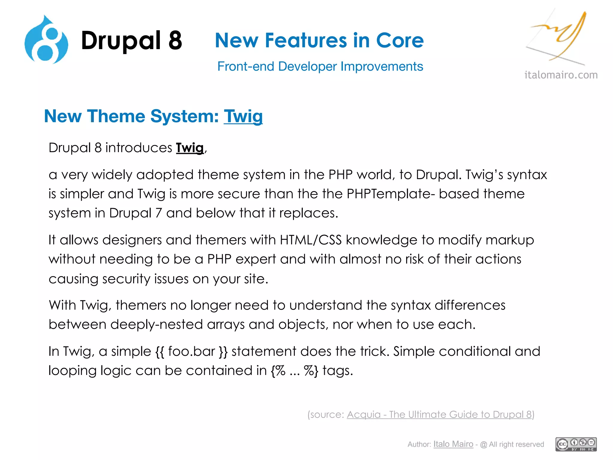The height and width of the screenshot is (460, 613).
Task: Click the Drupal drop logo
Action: tap(46, 40)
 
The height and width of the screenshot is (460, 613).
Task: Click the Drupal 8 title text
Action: tap(131, 40)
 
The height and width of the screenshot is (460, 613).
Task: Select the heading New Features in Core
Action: tap(319, 40)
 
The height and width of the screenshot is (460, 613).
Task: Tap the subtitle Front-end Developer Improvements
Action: tap(320, 66)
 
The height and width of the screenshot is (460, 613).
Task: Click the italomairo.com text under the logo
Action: tap(561, 75)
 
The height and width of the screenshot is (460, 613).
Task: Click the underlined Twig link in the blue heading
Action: tap(243, 116)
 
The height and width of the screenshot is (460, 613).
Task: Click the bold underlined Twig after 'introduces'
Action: tap(190, 148)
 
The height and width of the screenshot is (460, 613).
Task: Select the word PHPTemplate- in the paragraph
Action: tap(391, 194)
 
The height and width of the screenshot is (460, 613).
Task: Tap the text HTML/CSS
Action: tap(311, 240)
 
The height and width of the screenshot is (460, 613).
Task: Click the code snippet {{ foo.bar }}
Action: tap(192, 351)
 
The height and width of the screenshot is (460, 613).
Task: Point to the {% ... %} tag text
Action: tap(294, 371)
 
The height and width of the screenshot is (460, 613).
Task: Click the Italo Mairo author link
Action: tap(453, 444)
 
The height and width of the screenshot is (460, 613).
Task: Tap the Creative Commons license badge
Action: tap(576, 444)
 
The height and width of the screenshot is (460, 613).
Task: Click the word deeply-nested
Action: tap(156, 325)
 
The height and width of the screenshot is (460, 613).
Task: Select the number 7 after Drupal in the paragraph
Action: tap(158, 213)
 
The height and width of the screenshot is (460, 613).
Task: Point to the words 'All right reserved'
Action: tap(516, 444)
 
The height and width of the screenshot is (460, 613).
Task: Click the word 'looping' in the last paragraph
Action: tap(72, 371)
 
